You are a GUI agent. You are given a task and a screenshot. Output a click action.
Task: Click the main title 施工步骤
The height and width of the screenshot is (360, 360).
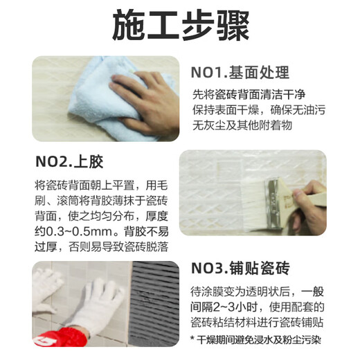[180, 27]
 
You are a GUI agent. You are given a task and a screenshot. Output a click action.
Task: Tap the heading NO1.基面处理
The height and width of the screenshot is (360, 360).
[240, 73]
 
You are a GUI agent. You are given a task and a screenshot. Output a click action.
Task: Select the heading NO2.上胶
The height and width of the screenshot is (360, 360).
[69, 162]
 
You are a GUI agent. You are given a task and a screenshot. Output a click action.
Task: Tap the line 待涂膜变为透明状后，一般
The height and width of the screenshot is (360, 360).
[258, 291]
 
